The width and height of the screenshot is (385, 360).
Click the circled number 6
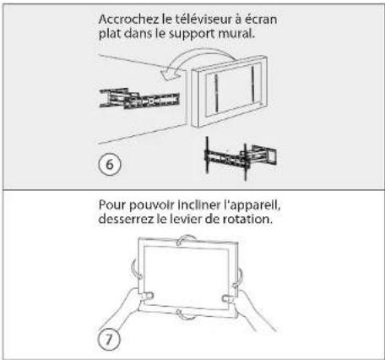pos(110,165)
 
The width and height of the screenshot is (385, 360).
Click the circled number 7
pos(109,340)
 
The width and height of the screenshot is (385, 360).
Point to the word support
pos(192,35)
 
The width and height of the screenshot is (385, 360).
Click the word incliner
pos(199,205)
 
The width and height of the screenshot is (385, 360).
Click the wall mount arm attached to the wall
pos(139,99)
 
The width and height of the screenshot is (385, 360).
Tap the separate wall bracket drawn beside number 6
pos(240,158)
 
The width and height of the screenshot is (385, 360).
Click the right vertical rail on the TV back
pos(253,84)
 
